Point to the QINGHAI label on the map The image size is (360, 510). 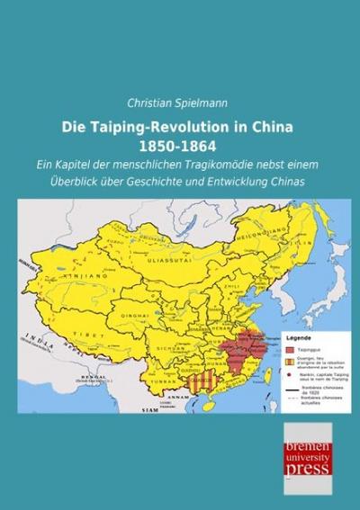(125, 294)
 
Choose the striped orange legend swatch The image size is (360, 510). (293, 364)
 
